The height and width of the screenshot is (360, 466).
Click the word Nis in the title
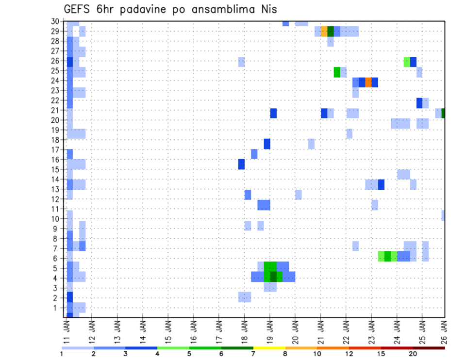point(268,10)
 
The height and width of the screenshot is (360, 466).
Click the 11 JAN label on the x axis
point(67,329)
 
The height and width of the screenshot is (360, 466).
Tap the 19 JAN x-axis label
point(270,329)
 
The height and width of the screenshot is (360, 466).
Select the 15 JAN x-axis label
point(168,329)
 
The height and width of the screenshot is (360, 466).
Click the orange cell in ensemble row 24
point(368,82)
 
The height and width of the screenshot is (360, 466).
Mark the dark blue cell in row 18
point(267,144)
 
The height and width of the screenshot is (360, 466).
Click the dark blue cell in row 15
point(241,164)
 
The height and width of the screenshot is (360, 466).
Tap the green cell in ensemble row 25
point(337,72)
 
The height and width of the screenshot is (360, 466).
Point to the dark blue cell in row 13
point(381,184)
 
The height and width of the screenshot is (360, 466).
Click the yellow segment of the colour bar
point(269,348)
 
